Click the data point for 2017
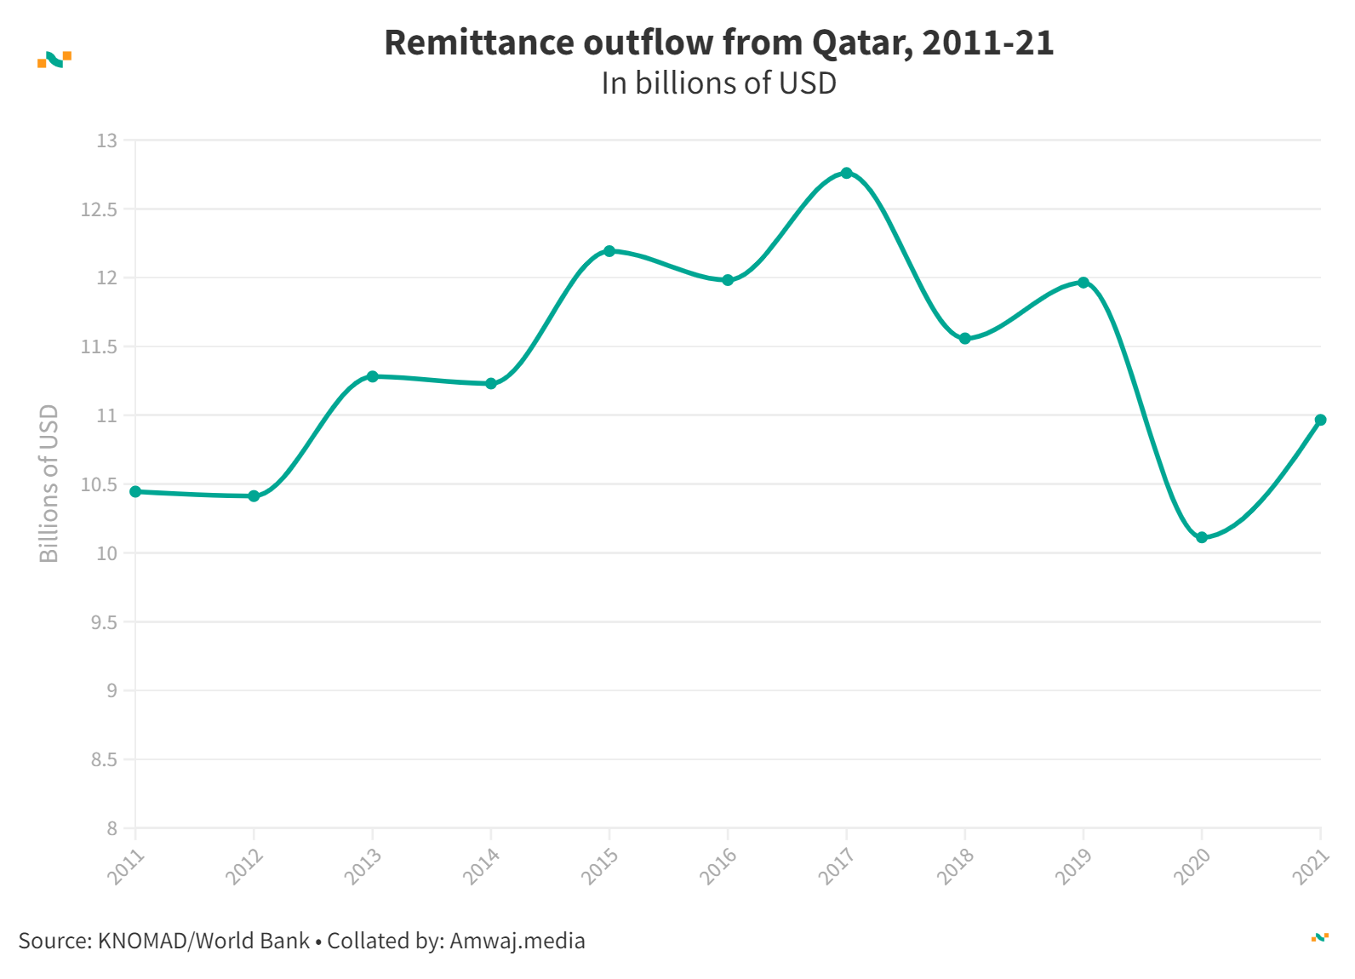(846, 173)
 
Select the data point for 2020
(1202, 537)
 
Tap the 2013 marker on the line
(372, 376)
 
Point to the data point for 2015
(609, 251)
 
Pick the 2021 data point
(1320, 420)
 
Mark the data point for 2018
(965, 339)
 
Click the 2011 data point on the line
(135, 491)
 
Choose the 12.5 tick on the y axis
(99, 209)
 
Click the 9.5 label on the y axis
(104, 622)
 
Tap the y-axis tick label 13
(107, 140)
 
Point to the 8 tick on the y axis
(112, 828)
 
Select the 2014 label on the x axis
(480, 867)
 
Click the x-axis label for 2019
(1072, 867)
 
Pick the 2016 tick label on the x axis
(717, 867)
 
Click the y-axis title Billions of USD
(49, 483)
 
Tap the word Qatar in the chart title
(861, 43)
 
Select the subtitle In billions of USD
(718, 83)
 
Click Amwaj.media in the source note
(517, 941)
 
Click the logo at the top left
(54, 59)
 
